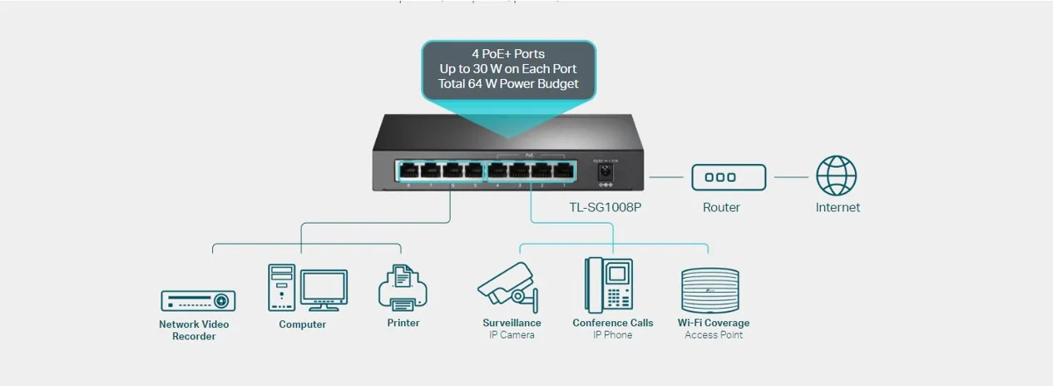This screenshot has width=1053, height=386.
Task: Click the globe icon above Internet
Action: coord(836,176)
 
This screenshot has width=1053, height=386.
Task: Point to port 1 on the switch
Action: coord(562,171)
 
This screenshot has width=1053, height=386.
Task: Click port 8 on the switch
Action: coord(409,171)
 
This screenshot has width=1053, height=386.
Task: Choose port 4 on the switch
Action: coord(497,171)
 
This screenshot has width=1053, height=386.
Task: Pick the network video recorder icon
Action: coord(198,300)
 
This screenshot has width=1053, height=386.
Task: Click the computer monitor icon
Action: coord(324,289)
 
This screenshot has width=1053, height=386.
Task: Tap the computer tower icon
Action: coord(282,287)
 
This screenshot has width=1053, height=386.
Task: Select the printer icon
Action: coord(403,288)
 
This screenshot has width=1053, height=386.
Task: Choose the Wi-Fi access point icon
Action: coord(709,289)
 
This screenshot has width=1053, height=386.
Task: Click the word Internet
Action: coord(837,207)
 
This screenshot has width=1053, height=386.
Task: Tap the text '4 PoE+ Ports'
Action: coord(508,54)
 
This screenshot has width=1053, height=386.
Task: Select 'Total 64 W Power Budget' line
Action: coord(508,84)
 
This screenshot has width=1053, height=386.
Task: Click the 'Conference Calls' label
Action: coord(613,323)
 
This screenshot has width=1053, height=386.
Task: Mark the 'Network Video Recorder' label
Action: coord(194,330)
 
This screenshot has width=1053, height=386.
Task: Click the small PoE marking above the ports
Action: coord(530,155)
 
